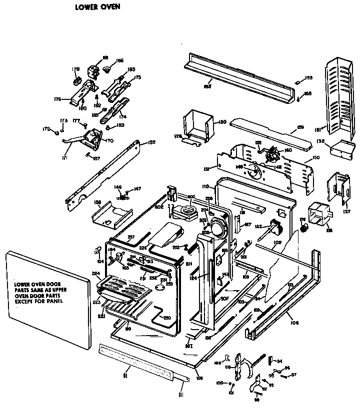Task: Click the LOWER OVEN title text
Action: (97, 7)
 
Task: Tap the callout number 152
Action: (151, 143)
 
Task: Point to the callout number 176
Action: (58, 99)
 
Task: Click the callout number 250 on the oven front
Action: (167, 318)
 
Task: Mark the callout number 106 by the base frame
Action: (294, 323)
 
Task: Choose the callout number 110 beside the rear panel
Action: (204, 186)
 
